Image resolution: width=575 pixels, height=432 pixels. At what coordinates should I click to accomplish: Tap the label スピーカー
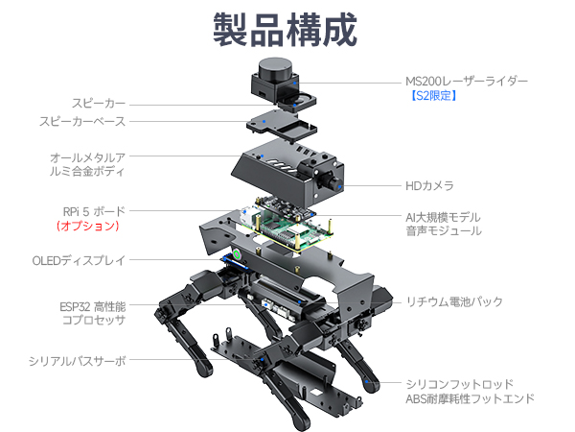(98, 104)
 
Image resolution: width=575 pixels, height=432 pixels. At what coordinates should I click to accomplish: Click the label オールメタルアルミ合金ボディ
(87, 164)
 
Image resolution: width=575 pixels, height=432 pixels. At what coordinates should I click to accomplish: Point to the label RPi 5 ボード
(92, 210)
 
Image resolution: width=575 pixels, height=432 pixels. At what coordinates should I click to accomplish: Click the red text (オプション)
(87, 227)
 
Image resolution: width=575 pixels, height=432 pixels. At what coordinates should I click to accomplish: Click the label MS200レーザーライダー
(466, 81)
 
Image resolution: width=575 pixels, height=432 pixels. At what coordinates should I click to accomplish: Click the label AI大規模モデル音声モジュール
(443, 224)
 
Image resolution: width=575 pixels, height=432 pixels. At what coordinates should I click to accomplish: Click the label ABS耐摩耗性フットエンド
(469, 399)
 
